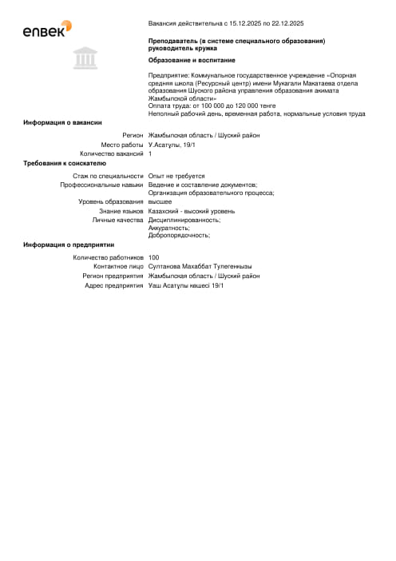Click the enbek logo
click(x=47, y=30)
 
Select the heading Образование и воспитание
click(x=192, y=60)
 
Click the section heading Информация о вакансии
click(x=62, y=122)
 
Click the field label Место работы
click(x=122, y=144)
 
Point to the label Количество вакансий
click(x=112, y=153)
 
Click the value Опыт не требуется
click(x=176, y=176)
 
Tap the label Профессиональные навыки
click(x=101, y=185)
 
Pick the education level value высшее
click(x=160, y=201)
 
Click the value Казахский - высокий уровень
click(x=192, y=211)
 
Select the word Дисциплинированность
click(x=184, y=220)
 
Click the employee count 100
click(x=154, y=258)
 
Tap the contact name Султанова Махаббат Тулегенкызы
click(x=200, y=267)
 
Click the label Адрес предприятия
click(x=114, y=285)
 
